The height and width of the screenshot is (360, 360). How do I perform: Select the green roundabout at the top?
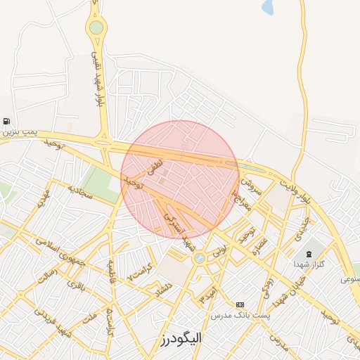(x=96, y=28)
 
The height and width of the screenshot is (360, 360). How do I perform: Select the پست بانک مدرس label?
(x=241, y=316)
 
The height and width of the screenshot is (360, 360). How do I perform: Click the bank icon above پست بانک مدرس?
(x=240, y=304)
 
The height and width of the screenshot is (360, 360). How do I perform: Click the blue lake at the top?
(x=268, y=7)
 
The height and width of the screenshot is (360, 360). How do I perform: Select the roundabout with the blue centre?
(x=200, y=258)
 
